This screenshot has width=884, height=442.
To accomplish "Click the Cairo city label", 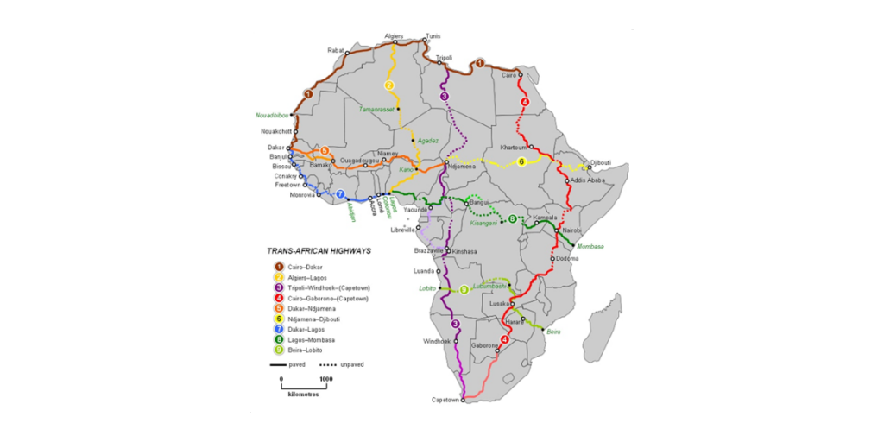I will point(508,75).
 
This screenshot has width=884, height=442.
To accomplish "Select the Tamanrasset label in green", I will point(376,110).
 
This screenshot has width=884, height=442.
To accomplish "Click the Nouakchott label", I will point(277,131).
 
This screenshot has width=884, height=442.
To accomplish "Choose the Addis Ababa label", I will point(588,180).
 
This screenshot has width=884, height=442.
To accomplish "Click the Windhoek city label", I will point(437,341).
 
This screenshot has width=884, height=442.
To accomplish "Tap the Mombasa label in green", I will point(590,246).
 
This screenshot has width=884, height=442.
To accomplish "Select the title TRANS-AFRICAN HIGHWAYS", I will point(319,251).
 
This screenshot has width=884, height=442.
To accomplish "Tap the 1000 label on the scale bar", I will point(326,379).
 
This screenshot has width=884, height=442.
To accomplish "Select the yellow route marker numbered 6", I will point(521,162).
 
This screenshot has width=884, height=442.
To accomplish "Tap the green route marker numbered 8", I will point(512,219).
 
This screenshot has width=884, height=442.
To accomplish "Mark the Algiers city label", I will point(394,36).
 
